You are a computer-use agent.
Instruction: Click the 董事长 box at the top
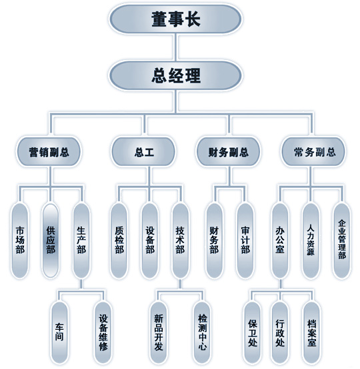pyautogui.click(x=175, y=19)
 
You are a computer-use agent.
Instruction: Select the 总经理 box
pyautogui.click(x=175, y=75)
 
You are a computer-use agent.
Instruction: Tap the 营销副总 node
pyautogui.click(x=49, y=152)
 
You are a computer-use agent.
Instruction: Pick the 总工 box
pyautogui.click(x=144, y=152)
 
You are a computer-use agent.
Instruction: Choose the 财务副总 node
pyautogui.click(x=228, y=152)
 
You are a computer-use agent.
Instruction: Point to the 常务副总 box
pyautogui.click(x=313, y=152)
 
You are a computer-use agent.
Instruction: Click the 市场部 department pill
pyautogui.click(x=20, y=240)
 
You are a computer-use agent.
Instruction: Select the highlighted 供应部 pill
pyautogui.click(x=51, y=240)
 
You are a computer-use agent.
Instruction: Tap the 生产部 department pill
pyautogui.click(x=81, y=240)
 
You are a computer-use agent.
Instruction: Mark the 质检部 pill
pyautogui.click(x=119, y=240)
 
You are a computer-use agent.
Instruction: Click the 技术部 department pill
pyautogui.click(x=180, y=240)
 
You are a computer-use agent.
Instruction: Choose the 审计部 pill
pyautogui.click(x=245, y=240)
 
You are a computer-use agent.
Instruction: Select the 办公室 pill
pyautogui.click(x=280, y=240)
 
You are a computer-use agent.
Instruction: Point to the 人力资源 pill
pyautogui.click(x=311, y=240)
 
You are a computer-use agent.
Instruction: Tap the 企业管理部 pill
pyautogui.click(x=342, y=240)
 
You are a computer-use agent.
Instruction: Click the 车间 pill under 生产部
pyautogui.click(x=59, y=332)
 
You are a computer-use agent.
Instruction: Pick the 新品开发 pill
pyautogui.click(x=159, y=332)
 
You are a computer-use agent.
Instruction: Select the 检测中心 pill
pyautogui.click(x=202, y=332)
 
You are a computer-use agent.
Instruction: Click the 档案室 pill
pyautogui.click(x=311, y=332)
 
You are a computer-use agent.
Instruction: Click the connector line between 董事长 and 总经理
pyautogui.click(x=176, y=47)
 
